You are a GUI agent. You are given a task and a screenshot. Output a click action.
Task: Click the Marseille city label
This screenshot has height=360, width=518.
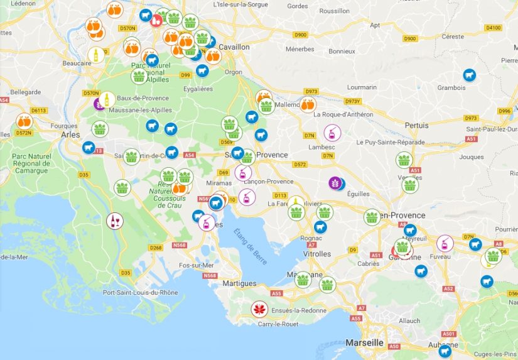pos(364,342)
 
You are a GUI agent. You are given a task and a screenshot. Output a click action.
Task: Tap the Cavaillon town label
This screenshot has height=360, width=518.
pos(234,47)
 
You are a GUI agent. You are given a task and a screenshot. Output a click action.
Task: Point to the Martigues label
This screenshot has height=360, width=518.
pos(239,283)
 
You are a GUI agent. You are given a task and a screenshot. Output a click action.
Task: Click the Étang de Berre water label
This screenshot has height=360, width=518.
pos(251,247)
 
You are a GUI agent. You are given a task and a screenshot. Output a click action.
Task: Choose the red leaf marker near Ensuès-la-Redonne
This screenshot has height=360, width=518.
pos(258,309)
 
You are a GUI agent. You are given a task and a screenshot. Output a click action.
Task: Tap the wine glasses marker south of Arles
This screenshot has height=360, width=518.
pos(114,221)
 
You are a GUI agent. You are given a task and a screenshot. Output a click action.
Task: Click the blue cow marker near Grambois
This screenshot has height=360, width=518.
pos(469,75)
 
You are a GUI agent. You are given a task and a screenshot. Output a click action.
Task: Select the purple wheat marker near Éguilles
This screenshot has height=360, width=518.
pos(335,183)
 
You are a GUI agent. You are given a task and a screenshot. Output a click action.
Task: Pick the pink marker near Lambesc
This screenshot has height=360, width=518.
pos(332,132)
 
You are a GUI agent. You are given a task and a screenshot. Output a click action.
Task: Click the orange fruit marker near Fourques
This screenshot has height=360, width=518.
pos(24,121)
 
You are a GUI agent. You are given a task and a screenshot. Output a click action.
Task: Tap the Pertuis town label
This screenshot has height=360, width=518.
pos(416,125)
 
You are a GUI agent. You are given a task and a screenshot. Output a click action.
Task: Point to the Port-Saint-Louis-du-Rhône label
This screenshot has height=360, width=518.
pos(140,292)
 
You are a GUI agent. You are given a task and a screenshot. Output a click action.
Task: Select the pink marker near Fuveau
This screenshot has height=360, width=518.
pos(445,243)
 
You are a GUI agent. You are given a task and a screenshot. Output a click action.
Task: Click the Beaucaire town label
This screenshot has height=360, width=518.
pos(78,63)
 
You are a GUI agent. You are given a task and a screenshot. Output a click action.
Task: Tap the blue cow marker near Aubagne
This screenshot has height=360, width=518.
pos(445,351)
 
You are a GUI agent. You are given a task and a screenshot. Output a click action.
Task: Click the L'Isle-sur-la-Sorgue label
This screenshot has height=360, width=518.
pos(240,4)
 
